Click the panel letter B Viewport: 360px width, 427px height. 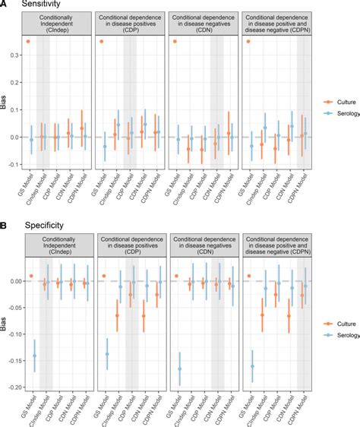pyautogui.click(x=5, y=226)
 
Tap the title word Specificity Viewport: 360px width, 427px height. pyautogui.click(x=36, y=226)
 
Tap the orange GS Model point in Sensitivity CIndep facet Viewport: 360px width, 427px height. pyautogui.click(x=28, y=41)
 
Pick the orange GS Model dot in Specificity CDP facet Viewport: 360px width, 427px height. pyautogui.click(x=102, y=276)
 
